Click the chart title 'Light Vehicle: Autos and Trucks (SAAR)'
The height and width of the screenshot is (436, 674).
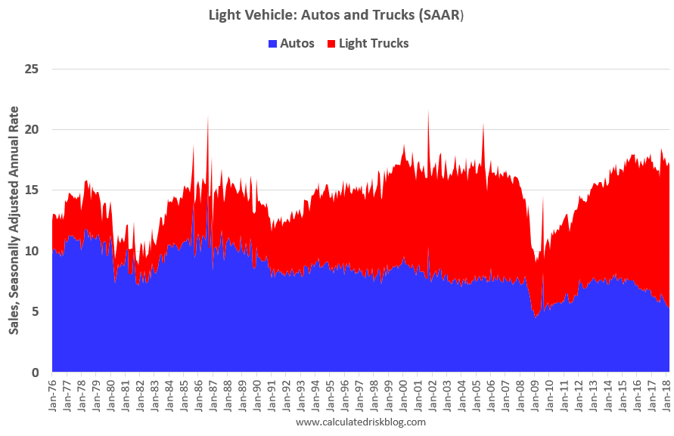point(337,14)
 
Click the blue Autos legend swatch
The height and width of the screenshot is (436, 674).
point(273,44)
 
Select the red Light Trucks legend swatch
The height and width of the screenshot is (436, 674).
point(331,44)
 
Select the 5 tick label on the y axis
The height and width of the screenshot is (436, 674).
point(34,312)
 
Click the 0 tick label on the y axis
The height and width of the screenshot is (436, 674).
point(34,373)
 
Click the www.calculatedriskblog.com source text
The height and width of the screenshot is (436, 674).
point(361,422)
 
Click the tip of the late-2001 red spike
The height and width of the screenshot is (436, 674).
point(429,110)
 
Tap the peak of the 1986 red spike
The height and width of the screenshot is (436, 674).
point(208,116)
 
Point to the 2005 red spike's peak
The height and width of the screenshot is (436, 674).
point(483,125)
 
